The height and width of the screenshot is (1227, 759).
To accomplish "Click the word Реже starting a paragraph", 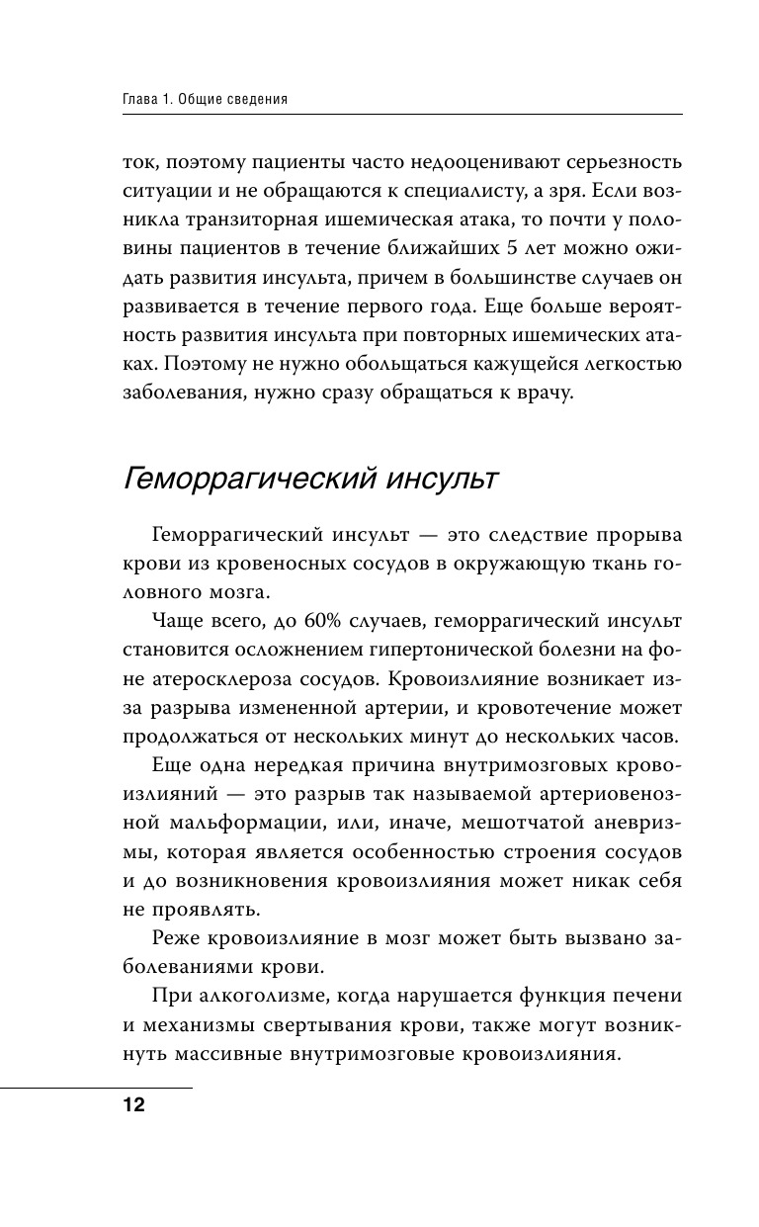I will coord(178,937).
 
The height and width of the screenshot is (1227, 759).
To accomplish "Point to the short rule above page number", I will coord(96,1087).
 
